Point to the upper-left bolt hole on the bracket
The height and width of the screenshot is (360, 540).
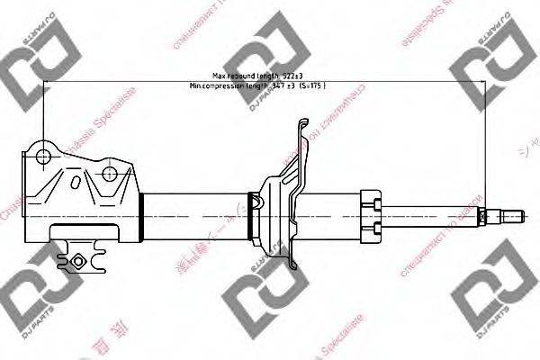pos(42,157)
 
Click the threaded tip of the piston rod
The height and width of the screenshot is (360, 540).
pos(514,216)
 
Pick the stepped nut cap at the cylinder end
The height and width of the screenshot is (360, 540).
pos(372,216)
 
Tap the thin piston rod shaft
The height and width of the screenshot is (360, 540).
pos(432,216)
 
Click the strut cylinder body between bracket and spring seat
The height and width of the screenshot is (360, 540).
pos(198,216)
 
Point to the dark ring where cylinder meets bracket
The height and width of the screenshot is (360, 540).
pos(142,216)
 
